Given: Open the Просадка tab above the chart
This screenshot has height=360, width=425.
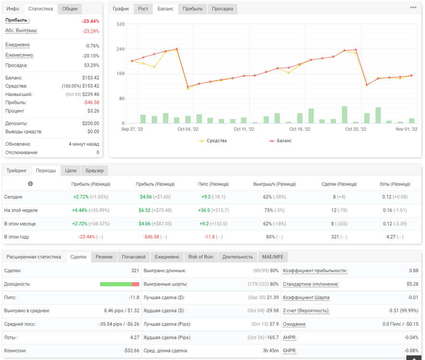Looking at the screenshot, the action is tap(222, 9).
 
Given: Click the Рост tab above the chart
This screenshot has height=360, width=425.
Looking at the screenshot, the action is tap(143, 9).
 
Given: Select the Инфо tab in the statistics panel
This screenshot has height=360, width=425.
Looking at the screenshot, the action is tap(13, 9).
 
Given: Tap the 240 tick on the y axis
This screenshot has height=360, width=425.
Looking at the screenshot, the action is tap(120, 49).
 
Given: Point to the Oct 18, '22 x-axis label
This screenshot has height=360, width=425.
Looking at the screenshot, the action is tap(300, 129).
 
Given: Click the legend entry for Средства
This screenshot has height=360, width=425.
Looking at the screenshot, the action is tap(212, 141).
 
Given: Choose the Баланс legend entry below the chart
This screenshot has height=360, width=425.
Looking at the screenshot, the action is tap(280, 141).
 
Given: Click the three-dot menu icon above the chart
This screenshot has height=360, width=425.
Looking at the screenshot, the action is tap(413, 7).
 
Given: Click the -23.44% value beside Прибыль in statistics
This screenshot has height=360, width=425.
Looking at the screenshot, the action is tap(91, 21).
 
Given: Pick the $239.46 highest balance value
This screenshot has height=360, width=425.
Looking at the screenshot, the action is tap(91, 95).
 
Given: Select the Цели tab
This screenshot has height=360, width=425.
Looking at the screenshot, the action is tap(71, 171).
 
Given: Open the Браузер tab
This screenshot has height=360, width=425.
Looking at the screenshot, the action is tap(94, 171).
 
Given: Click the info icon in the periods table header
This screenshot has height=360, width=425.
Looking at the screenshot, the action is tap(30, 184).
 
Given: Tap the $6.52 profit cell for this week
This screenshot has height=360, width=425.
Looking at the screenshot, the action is tap(144, 210).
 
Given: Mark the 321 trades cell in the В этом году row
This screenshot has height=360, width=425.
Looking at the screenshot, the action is tap(335, 237).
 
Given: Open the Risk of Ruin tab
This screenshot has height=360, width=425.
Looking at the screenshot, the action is tap(201, 257).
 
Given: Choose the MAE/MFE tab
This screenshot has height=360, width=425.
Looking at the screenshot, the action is tap(272, 257).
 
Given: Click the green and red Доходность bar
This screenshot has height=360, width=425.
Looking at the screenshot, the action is tap(119, 284).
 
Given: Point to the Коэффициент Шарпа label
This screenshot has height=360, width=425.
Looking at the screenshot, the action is tap(306, 298).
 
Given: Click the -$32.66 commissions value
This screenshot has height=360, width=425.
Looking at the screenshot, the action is tap(131, 350).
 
